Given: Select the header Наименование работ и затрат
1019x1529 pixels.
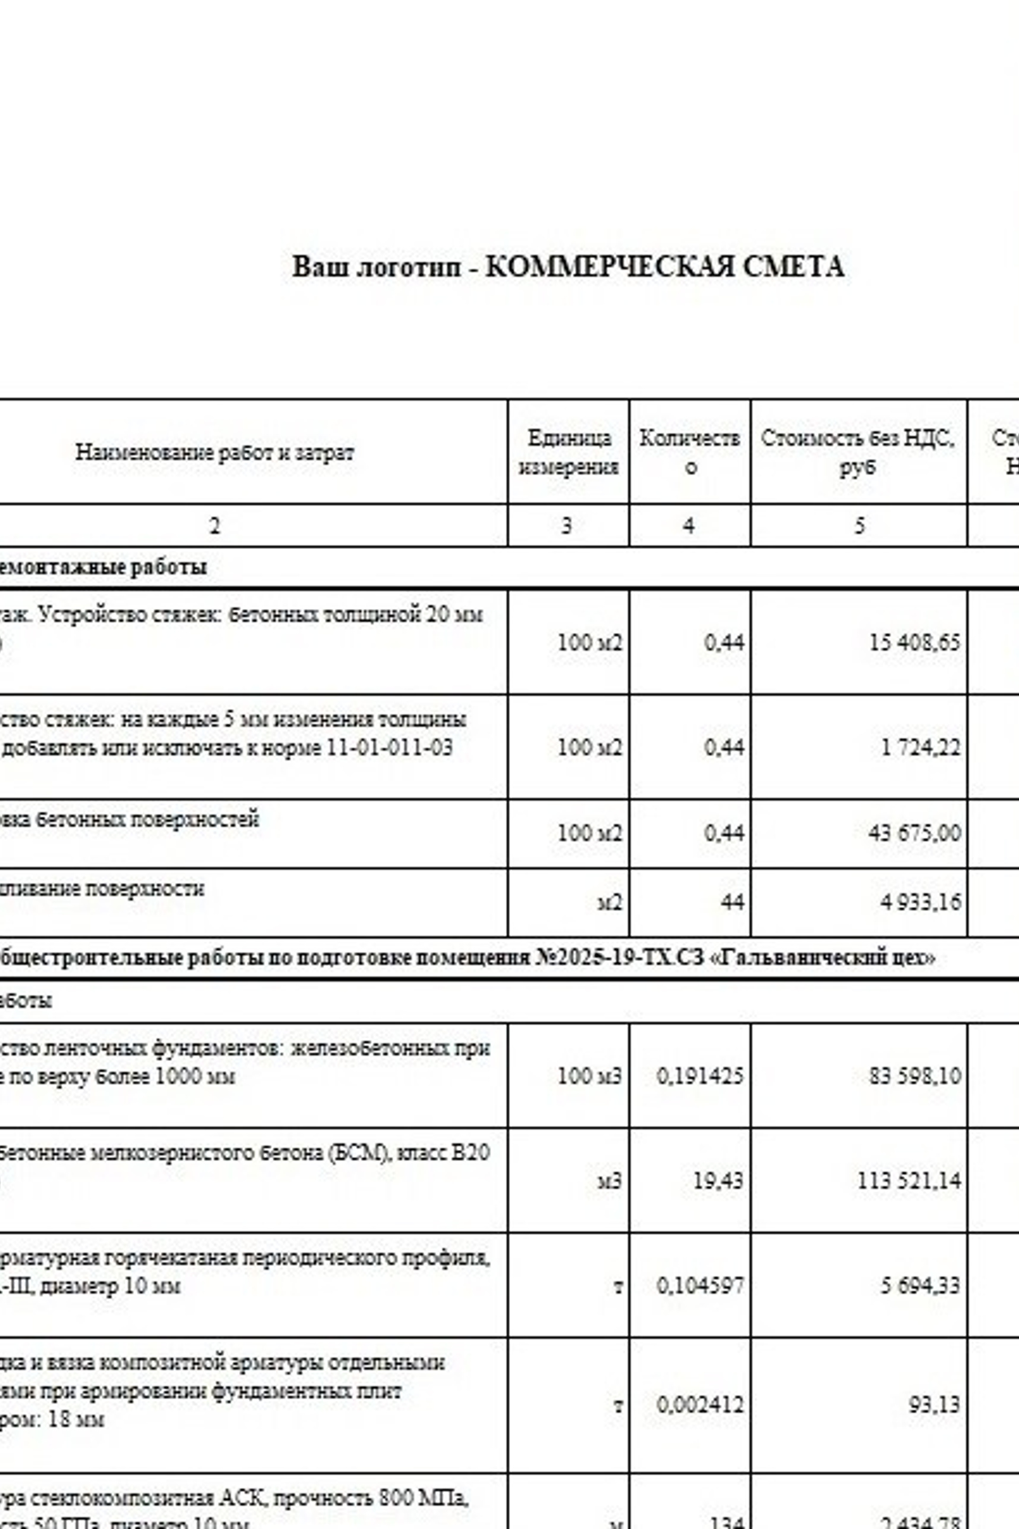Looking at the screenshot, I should click(x=214, y=452).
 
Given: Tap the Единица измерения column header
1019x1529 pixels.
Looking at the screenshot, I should click(x=568, y=452).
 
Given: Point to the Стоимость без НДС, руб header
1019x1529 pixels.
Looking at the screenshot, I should click(x=858, y=452).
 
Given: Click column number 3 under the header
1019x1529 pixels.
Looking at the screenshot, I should click(x=566, y=525).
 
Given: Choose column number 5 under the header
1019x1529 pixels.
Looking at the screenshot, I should click(x=859, y=525).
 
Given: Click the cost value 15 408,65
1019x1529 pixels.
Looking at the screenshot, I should click(x=914, y=643).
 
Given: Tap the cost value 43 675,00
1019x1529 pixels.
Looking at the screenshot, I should click(x=914, y=833).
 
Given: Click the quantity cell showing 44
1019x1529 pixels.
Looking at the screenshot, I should click(x=732, y=903).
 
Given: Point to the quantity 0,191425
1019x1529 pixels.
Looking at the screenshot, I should click(x=700, y=1076).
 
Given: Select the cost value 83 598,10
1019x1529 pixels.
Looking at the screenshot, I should click(x=914, y=1076).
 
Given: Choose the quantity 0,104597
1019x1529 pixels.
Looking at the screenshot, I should click(x=700, y=1285).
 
